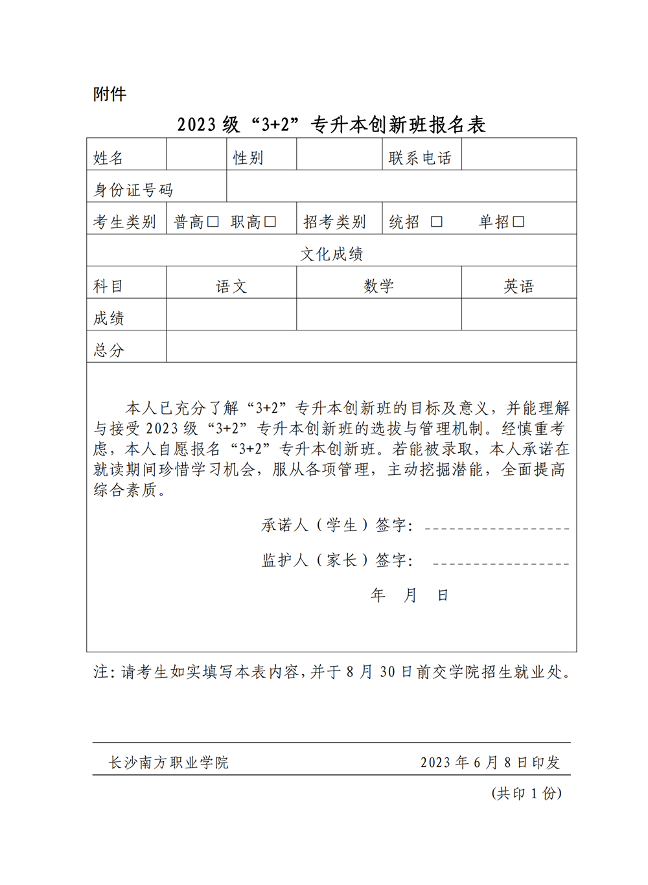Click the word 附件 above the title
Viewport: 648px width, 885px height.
110,95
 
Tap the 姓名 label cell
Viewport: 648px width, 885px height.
108,157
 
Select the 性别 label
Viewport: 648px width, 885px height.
248,157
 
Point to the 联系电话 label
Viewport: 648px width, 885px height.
420,157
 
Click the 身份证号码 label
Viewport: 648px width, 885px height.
133,190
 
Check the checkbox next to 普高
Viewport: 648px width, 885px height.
213,222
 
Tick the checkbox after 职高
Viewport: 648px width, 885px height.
270,222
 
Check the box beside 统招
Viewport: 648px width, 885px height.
437,222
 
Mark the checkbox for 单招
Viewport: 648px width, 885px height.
518,222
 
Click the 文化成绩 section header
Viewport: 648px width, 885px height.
331,254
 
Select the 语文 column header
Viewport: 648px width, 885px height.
231,286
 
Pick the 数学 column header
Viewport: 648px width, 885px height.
378,286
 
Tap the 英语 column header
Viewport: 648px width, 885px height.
518,286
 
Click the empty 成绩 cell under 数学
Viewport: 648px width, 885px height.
378,315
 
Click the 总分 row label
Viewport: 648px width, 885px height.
109,350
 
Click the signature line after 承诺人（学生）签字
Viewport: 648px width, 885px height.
497,528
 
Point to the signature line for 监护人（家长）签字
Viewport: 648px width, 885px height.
501,563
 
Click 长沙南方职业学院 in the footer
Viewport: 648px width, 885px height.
168,763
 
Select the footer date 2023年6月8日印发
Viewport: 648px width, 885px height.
490,763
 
